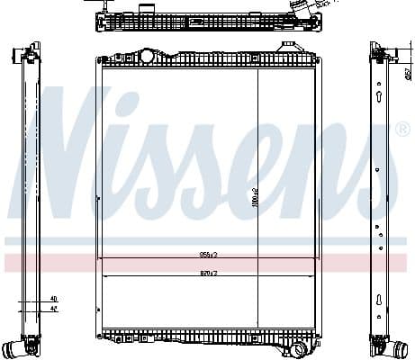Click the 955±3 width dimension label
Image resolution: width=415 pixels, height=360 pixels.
[209, 255]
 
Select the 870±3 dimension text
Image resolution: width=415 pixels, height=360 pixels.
[209, 273]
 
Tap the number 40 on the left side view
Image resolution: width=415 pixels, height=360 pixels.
[53, 298]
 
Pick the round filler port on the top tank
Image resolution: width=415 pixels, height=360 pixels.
[145, 56]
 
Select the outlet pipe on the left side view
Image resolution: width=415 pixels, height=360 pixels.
[14, 346]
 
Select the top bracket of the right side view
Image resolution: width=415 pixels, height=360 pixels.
[376, 50]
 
